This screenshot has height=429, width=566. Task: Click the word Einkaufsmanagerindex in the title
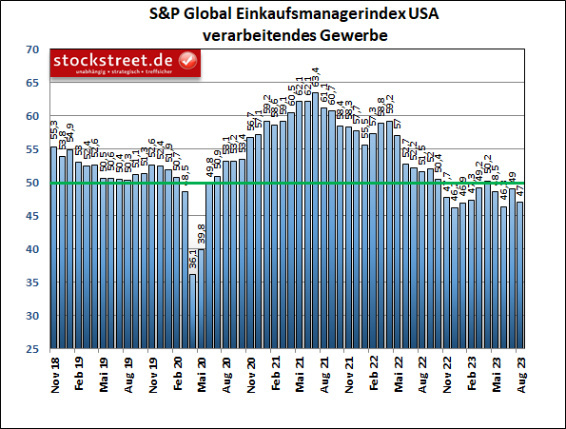(x=285, y=15)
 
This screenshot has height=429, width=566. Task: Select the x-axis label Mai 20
(x=202, y=375)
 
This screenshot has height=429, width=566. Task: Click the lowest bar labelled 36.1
(x=193, y=311)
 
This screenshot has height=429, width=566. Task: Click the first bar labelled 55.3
(x=53, y=247)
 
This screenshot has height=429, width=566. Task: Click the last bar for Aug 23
(x=519, y=275)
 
